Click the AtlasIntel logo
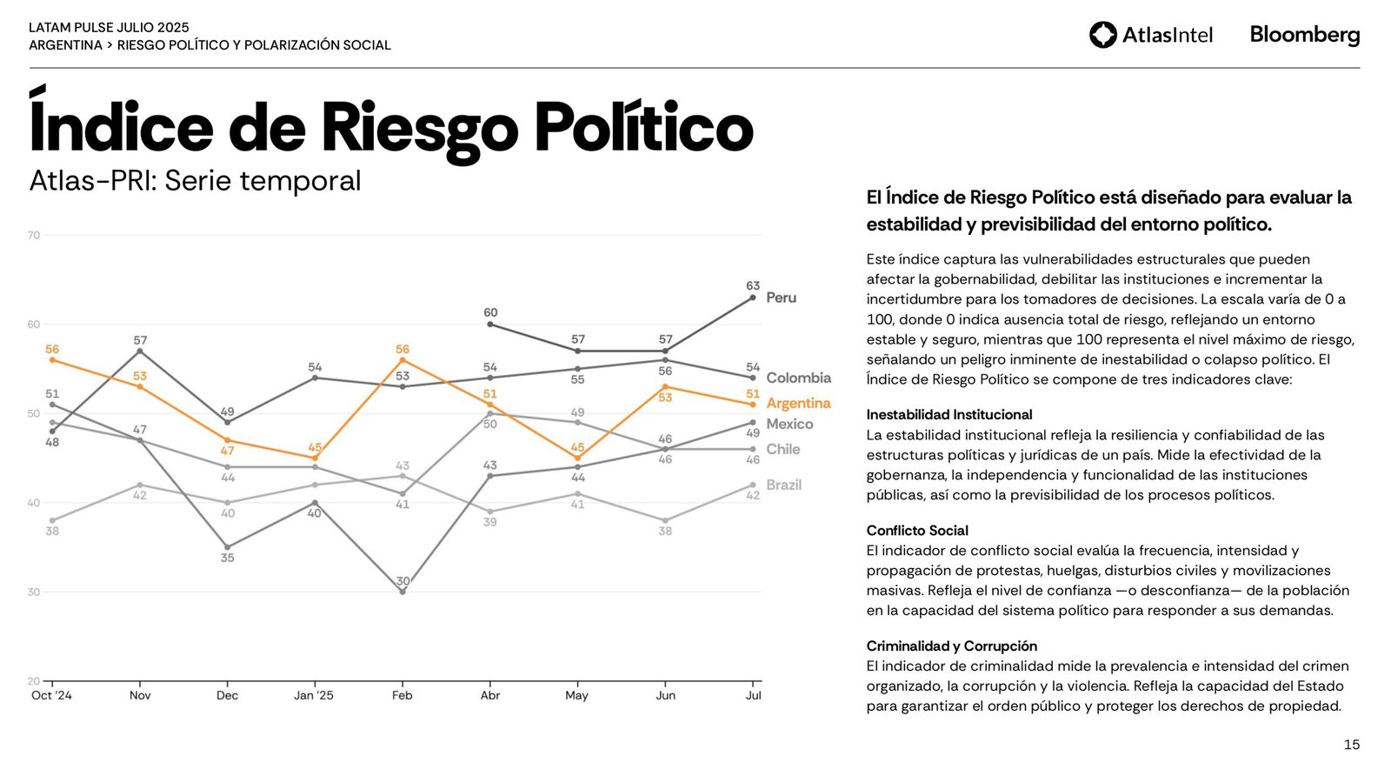pyautogui.click(x=1150, y=35)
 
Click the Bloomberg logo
pyautogui.click(x=1304, y=35)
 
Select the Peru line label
pyautogui.click(x=781, y=298)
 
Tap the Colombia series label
pyautogui.click(x=798, y=378)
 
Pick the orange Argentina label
pyautogui.click(x=798, y=403)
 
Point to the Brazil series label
pyautogui.click(x=783, y=485)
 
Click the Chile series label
pyautogui.click(x=782, y=449)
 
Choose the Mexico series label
pyautogui.click(x=789, y=424)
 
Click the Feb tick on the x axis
pyautogui.click(x=402, y=695)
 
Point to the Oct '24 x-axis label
pyautogui.click(x=51, y=695)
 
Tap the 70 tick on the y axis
pyautogui.click(x=33, y=235)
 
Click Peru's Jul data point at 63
pyautogui.click(x=753, y=298)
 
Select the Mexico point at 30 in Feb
pyautogui.click(x=403, y=592)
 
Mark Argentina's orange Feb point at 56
pyautogui.click(x=403, y=360)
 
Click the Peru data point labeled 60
pyautogui.click(x=490, y=325)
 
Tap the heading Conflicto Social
pyautogui.click(x=916, y=531)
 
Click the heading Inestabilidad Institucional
pyautogui.click(x=948, y=415)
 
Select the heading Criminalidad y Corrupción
pyautogui.click(x=951, y=646)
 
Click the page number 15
pyautogui.click(x=1351, y=745)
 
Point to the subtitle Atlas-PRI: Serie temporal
pyautogui.click(x=195, y=181)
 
